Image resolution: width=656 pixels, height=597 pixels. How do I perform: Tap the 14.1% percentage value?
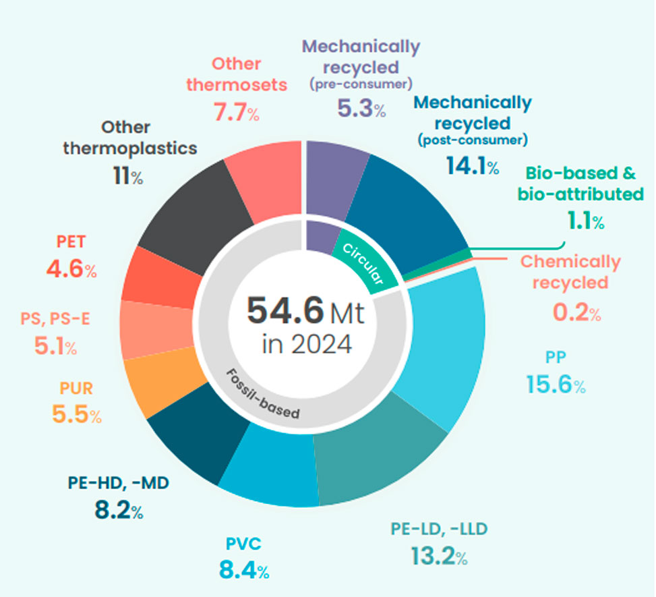tap(471, 166)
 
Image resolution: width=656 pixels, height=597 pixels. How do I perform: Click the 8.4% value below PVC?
tap(243, 571)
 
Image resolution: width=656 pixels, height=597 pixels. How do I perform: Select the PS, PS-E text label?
tap(55, 319)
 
